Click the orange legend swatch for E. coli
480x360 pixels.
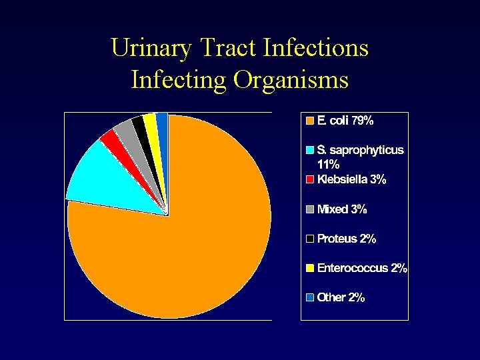pos(309,121)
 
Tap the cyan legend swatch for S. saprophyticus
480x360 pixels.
pos(309,151)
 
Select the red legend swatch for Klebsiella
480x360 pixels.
pos(309,180)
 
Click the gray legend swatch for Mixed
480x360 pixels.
pos(309,209)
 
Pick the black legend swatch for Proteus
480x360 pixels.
pos(309,239)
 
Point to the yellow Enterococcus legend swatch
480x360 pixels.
pos(309,268)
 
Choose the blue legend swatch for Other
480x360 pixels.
pos(309,297)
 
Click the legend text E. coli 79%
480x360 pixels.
pos(345,121)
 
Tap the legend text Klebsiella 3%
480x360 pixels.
pos(351,180)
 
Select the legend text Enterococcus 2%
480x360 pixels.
pos(362,268)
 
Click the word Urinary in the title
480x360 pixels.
pos(150,48)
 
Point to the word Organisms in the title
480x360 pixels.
pos(291,80)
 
